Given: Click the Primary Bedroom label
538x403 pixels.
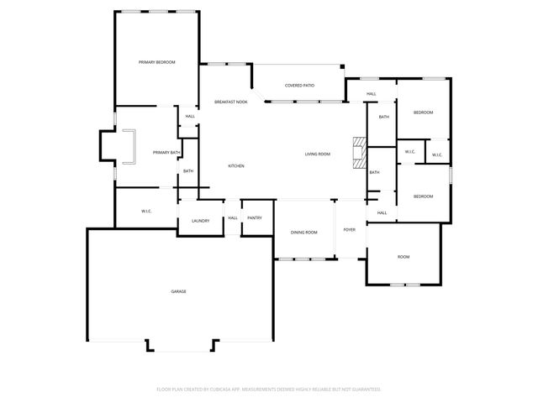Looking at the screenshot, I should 156,63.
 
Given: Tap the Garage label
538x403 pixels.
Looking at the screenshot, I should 178,291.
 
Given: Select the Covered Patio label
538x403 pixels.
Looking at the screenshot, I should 299,86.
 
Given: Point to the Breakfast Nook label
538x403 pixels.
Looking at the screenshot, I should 230,102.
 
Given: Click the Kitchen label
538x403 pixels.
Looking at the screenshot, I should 236,166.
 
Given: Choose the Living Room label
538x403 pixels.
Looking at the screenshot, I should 317,154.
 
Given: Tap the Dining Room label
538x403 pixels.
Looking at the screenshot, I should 303,232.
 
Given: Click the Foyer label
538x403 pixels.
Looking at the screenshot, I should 350,229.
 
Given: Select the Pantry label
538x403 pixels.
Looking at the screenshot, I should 255,217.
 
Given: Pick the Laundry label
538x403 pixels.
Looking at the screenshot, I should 200,221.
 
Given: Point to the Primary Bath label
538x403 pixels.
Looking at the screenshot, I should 166,152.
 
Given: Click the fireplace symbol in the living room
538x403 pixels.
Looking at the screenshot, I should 360,153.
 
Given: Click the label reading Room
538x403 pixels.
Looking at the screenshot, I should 403,256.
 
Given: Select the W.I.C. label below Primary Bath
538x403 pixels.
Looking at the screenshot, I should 145,211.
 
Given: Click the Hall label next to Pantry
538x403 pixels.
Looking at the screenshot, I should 233,217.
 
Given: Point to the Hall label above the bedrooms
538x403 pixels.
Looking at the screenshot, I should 372,93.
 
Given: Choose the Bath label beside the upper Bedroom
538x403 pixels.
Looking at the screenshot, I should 383,117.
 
